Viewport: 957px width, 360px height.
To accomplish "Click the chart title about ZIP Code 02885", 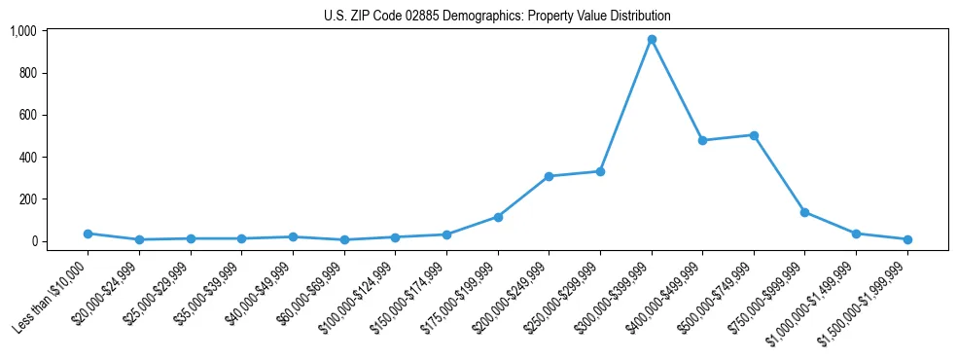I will coord(497,16).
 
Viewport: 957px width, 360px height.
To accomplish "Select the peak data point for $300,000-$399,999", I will coord(652,39).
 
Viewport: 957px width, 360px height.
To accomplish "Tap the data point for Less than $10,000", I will coord(88,234).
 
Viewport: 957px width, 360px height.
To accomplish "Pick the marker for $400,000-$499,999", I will coord(702,140).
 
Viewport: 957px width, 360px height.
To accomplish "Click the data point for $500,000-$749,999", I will coord(754,135).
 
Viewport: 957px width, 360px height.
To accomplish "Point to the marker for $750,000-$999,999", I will coord(804,212).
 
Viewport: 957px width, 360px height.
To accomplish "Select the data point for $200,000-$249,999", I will coord(549,176).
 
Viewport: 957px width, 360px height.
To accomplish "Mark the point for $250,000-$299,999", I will coord(600,171).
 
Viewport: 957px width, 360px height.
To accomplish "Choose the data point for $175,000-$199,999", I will coord(498,217).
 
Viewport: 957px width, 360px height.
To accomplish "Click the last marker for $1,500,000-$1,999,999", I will coord(907,239).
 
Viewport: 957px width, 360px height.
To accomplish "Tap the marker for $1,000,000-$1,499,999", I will coord(856,234).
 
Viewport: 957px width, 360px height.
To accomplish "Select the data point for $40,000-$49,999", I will coord(293,236).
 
